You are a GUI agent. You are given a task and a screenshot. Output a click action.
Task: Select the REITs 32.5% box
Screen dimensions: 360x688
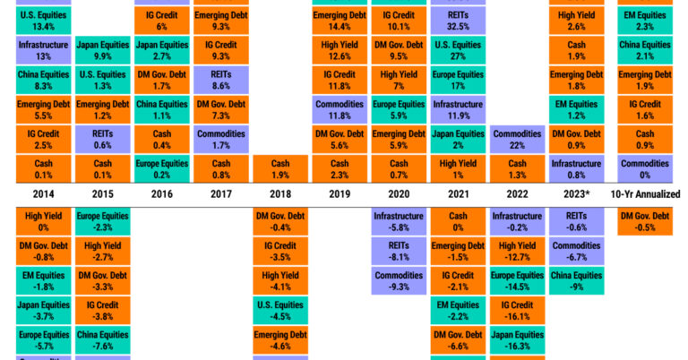point(460,21)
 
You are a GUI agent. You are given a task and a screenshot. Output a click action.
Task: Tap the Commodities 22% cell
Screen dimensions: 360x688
point(519,139)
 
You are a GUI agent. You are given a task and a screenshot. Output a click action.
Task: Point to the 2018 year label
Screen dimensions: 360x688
point(279,193)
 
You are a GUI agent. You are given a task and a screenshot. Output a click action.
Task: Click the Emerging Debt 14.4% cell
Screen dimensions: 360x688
point(340,21)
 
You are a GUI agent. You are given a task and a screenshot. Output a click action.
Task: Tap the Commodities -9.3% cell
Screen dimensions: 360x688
point(400,281)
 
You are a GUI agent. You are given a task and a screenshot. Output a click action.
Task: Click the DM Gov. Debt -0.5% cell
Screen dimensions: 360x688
point(645,221)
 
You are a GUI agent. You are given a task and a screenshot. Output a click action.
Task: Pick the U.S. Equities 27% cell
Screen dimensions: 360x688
point(460,51)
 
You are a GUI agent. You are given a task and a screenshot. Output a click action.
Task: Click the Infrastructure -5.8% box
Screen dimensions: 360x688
point(400,221)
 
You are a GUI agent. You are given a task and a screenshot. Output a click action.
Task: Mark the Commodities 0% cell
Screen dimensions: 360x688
point(645,169)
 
